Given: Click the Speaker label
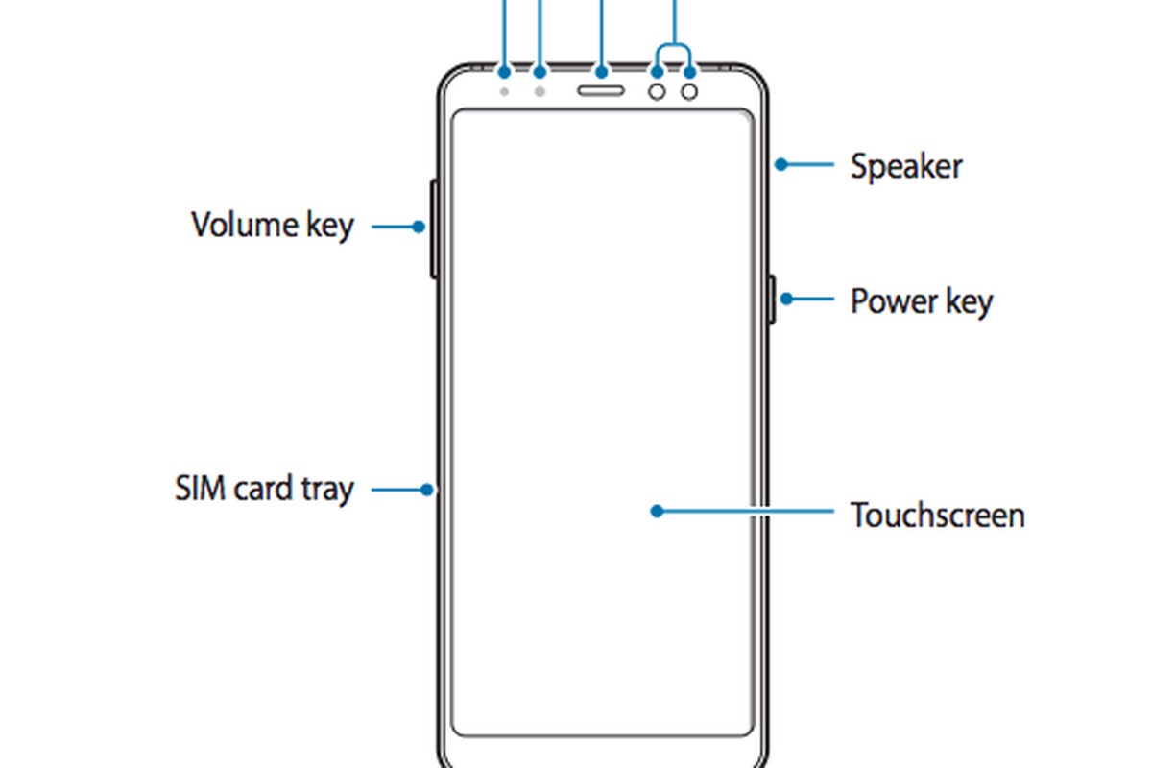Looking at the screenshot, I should click(x=905, y=167).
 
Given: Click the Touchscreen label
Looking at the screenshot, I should click(x=937, y=516).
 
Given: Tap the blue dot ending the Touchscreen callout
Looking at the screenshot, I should click(x=657, y=512).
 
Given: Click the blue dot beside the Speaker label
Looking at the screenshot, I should click(x=781, y=164).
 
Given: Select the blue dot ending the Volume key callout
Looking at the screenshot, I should click(x=419, y=227).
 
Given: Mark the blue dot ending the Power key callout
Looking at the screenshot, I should click(x=785, y=299).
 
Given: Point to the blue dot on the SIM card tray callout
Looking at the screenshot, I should click(x=427, y=490).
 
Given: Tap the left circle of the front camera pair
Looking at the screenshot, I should click(x=658, y=91).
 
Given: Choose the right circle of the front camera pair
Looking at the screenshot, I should click(x=690, y=91).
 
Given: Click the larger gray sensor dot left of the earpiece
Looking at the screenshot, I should click(x=540, y=91).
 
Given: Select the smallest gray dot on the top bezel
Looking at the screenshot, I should click(x=505, y=91).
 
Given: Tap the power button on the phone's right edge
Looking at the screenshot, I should click(x=772, y=299).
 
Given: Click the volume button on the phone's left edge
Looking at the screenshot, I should click(x=434, y=228).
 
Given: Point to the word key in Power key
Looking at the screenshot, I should click(x=967, y=302).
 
